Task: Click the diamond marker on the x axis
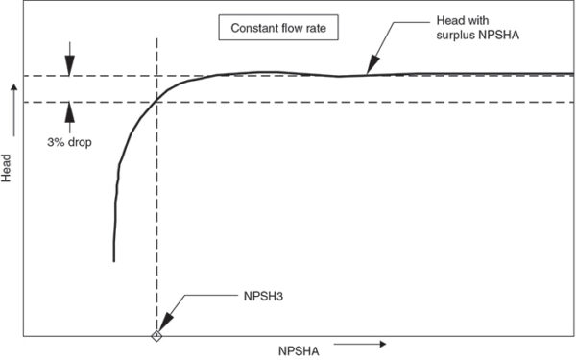pyautogui.click(x=156, y=335)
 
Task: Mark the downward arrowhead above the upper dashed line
pyautogui.click(x=69, y=68)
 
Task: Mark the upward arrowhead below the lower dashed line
pyautogui.click(x=69, y=108)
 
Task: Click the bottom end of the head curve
pyautogui.click(x=114, y=260)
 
